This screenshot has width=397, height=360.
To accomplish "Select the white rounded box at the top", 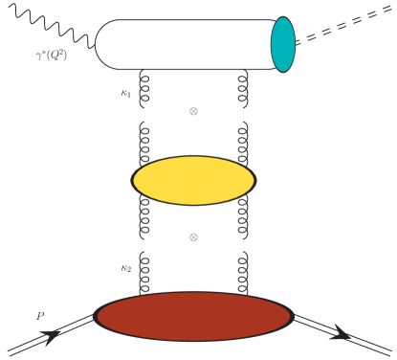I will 182,44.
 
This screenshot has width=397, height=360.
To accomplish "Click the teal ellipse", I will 282,45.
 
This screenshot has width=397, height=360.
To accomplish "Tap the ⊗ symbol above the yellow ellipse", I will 193,111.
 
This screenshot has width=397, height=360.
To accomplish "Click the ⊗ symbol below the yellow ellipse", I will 193,236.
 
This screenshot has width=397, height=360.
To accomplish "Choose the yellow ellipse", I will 193,179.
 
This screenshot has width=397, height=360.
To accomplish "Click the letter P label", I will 38,313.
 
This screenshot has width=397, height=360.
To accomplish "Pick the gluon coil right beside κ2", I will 146,274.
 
